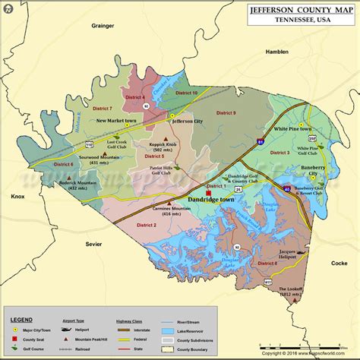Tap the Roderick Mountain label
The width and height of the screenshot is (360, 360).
(62, 186)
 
